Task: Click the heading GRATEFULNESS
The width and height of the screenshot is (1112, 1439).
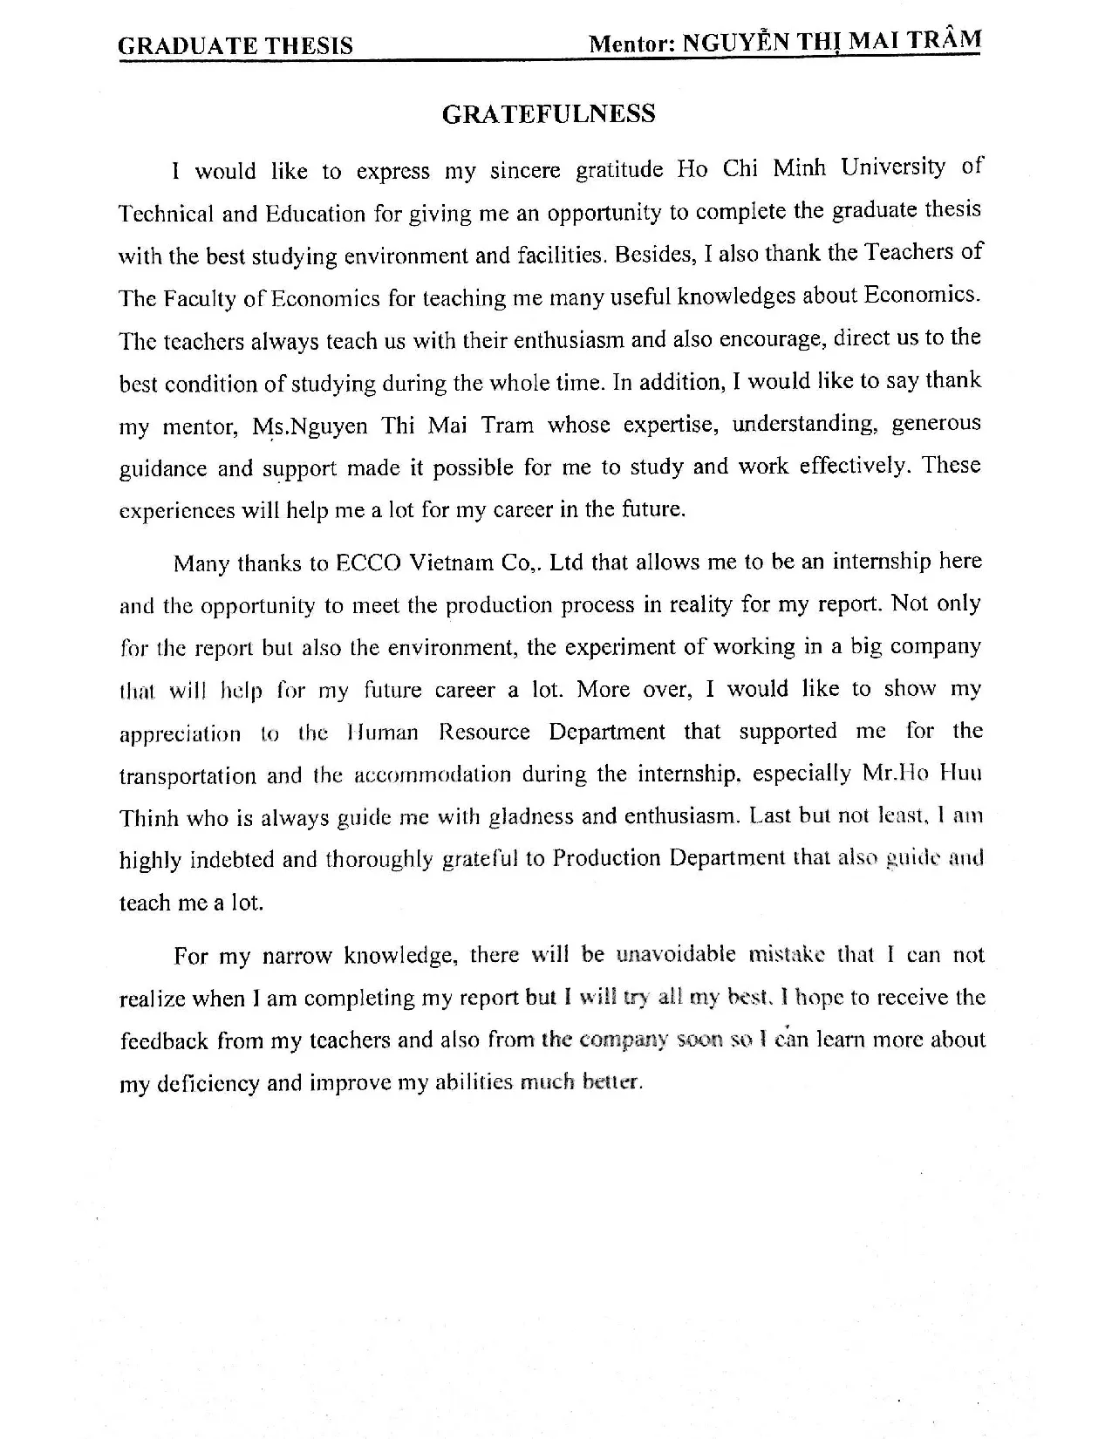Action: [x=549, y=114]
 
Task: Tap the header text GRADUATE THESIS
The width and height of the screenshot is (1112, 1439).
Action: [x=235, y=45]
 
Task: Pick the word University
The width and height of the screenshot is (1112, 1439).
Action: [x=892, y=166]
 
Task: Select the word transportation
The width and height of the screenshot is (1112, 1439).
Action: [x=188, y=775]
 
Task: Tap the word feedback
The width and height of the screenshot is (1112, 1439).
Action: [x=164, y=1040]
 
